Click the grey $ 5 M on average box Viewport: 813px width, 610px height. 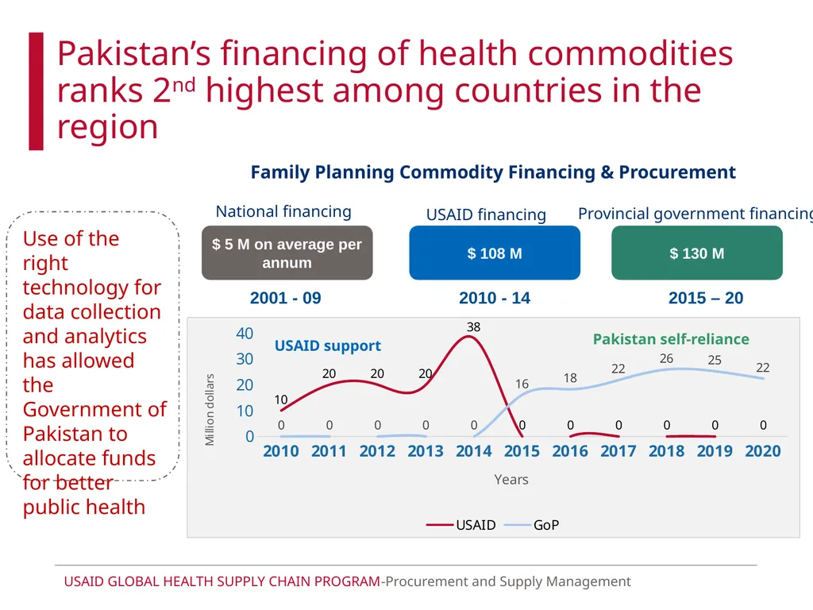coord(287,253)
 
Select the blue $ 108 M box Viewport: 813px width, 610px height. coord(495,253)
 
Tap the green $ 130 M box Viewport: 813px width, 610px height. coord(697,253)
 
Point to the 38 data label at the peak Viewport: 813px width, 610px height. coord(473,326)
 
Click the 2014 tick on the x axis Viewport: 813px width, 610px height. coord(473,451)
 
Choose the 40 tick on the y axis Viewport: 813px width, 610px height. coord(245,333)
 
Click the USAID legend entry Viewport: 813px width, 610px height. coord(461,525)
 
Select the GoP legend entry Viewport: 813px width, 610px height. coord(531,525)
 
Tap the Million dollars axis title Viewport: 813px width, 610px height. coord(210,410)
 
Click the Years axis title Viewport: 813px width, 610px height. coord(511,479)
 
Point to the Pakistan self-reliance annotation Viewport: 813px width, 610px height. coord(671,339)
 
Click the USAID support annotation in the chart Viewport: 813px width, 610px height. coord(328,346)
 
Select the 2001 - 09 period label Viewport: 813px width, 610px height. coord(286,298)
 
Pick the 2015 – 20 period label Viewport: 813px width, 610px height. coord(706,298)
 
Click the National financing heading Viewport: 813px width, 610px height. coord(283,211)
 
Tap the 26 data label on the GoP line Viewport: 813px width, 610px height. coord(666,358)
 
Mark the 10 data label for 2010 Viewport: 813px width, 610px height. coord(280,400)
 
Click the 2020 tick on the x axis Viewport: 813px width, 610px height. coord(763,451)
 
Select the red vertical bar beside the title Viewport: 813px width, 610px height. coord(36,91)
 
